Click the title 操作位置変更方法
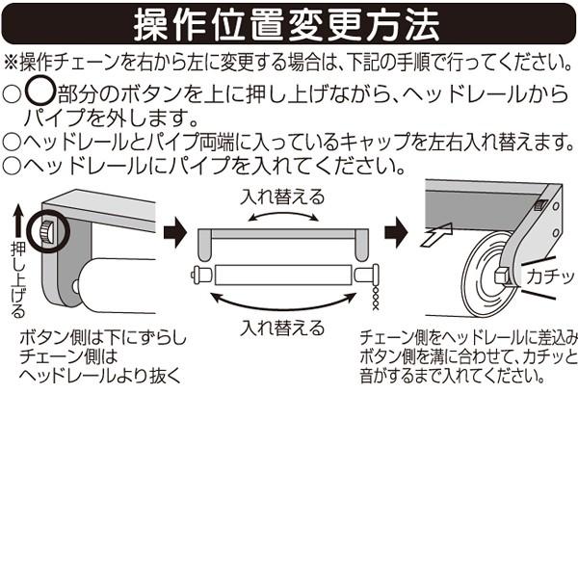(287, 25)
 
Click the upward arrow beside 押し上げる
(17, 222)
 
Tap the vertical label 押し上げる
(17, 279)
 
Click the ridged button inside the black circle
(46, 231)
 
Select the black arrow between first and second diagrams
(175, 232)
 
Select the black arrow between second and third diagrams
(396, 232)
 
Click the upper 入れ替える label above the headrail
(282, 197)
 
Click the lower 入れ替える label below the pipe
(282, 328)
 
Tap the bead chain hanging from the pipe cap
(376, 297)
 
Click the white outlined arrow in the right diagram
(436, 234)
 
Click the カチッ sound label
(550, 276)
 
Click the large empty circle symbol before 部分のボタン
(40, 91)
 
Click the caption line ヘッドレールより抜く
(100, 376)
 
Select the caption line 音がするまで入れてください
(453, 376)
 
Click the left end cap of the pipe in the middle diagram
(201, 275)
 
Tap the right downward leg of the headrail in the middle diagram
(361, 245)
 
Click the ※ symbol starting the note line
(11, 63)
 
